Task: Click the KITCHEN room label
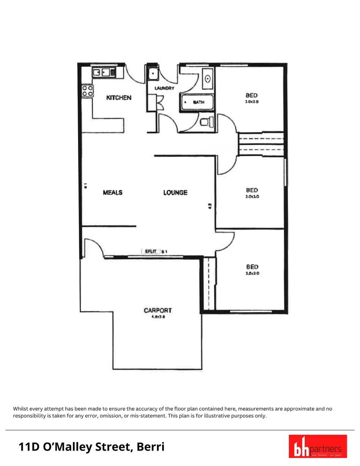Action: click(x=119, y=98)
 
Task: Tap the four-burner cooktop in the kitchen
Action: click(x=88, y=90)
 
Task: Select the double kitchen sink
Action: click(x=102, y=72)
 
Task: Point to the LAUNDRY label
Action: click(x=164, y=88)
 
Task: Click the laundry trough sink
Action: click(x=152, y=75)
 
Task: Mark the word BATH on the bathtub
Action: click(x=198, y=103)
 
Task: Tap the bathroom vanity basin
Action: click(x=208, y=79)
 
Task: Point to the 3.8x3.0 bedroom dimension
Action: click(x=252, y=273)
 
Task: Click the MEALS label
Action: click(x=113, y=192)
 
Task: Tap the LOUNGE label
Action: click(x=175, y=192)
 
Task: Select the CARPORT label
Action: click(x=158, y=310)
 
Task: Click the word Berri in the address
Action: click(x=150, y=447)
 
